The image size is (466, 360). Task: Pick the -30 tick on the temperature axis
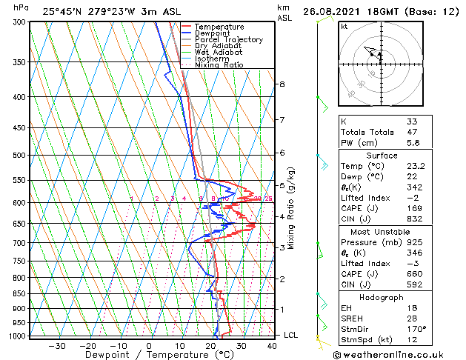[57, 345]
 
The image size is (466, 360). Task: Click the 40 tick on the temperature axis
[273, 345]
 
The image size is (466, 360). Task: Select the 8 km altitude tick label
[282, 84]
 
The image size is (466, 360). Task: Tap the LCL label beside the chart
[291, 335]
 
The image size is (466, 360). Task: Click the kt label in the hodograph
[344, 27]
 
